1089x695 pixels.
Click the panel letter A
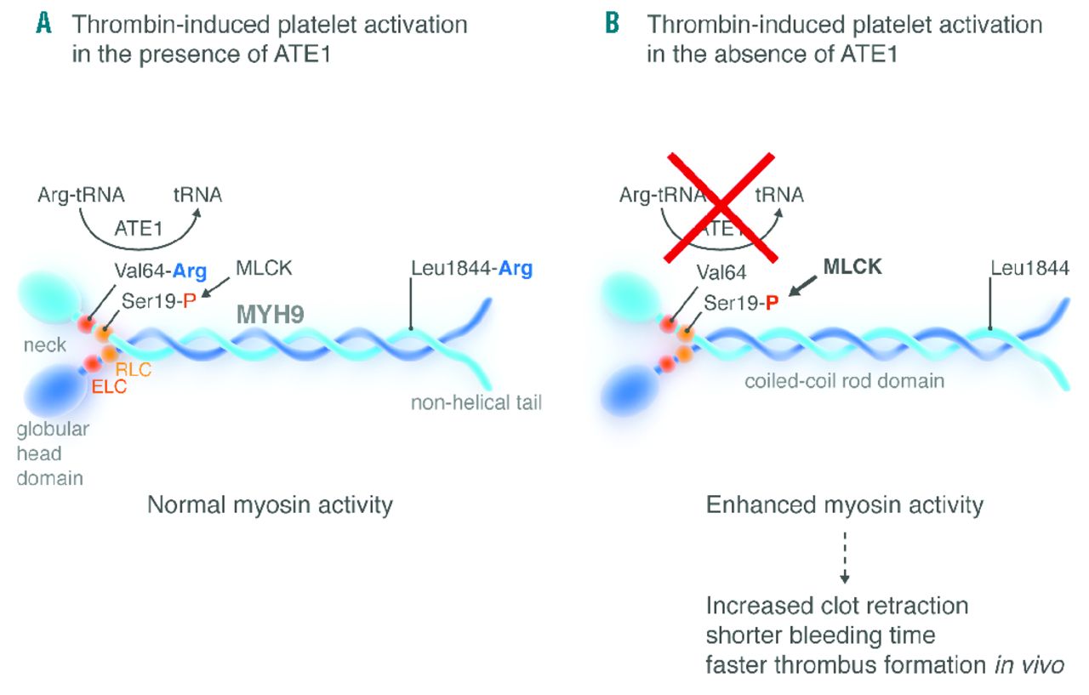(44, 24)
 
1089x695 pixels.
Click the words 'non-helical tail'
(476, 402)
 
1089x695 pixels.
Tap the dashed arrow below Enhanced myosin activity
(845, 555)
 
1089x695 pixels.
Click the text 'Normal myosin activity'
(271, 505)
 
